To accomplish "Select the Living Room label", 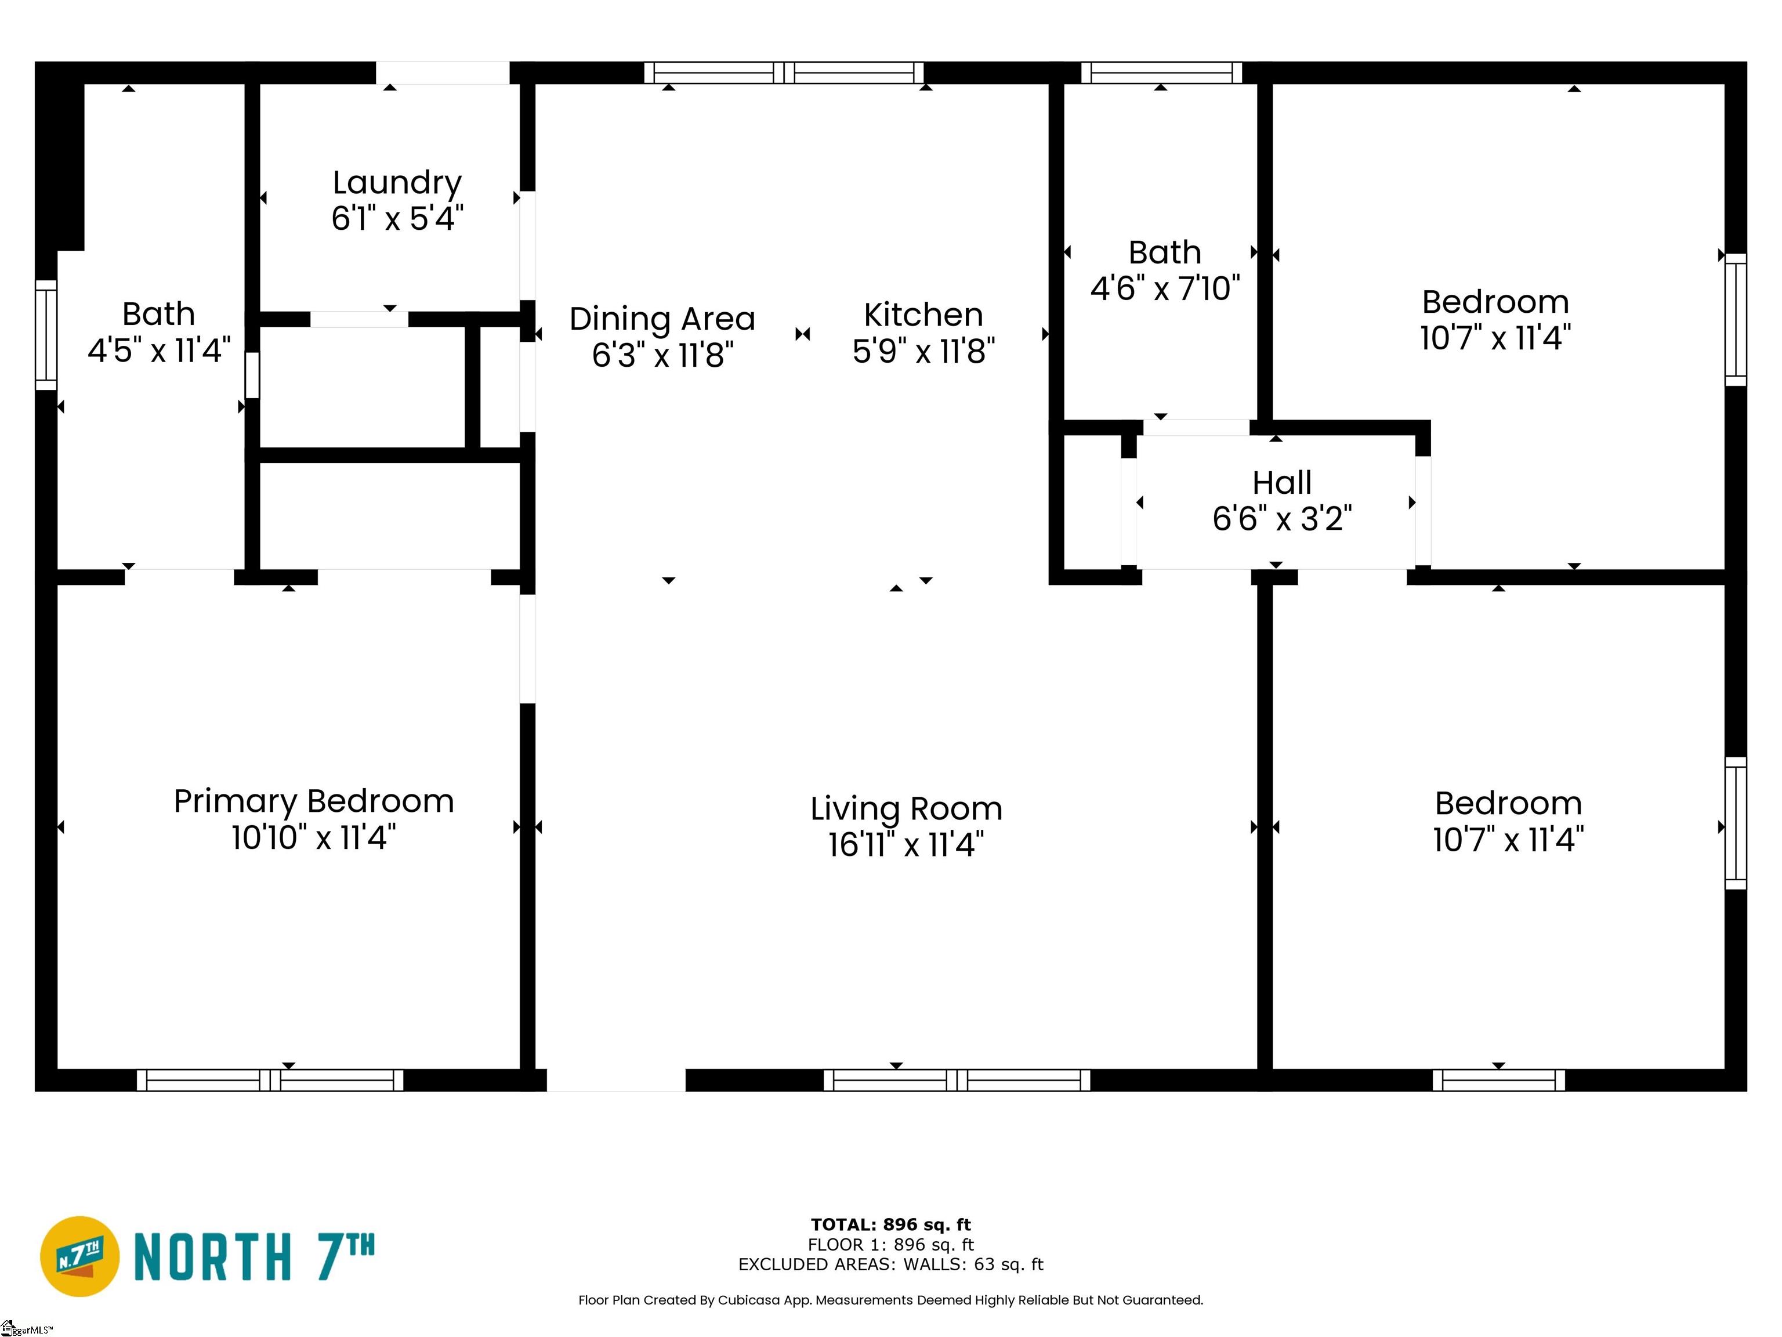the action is click(906, 809).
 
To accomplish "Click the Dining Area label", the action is click(662, 319).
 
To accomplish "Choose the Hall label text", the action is click(1282, 483).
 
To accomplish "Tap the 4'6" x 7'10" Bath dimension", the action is click(1165, 288).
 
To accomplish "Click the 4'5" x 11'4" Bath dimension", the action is click(159, 350).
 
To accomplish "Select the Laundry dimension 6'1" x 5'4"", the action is click(397, 218).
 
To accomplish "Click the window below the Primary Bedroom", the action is click(270, 1080).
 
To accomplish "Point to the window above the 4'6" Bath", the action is click(1161, 73).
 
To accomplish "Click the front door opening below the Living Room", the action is click(616, 1080).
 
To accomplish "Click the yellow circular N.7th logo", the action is click(79, 1256).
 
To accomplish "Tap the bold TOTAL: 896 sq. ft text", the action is click(891, 1225).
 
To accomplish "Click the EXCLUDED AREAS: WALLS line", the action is click(891, 1264).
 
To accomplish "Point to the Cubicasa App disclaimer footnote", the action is click(891, 1300).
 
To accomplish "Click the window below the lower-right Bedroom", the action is click(1498, 1080).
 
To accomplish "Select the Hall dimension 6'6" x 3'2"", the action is click(1282, 519).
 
